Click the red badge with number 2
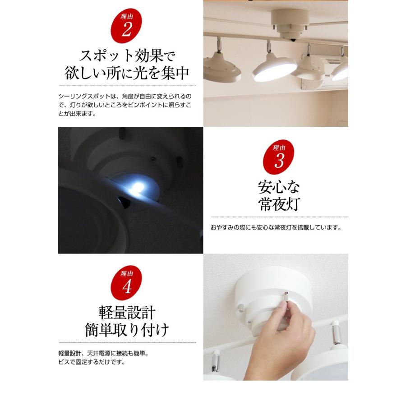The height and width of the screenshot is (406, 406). point(126,26)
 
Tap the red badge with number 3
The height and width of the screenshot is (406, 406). point(279,157)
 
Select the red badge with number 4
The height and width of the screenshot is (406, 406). point(126,283)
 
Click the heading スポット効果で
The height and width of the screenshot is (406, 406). point(127,55)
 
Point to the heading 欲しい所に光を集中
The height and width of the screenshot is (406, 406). point(127,73)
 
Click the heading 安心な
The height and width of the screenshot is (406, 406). point(279,187)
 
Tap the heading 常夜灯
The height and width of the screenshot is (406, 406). point(279,204)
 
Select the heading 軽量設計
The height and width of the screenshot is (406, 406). point(127,313)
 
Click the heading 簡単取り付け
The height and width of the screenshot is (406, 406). point(127,330)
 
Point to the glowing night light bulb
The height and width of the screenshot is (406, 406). point(138,187)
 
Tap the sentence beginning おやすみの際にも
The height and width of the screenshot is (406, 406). point(276,228)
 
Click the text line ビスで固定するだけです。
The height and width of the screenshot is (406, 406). point(92,362)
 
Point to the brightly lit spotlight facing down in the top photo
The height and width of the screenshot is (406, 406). point(274,69)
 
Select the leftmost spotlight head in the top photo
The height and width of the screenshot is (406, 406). point(222,67)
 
